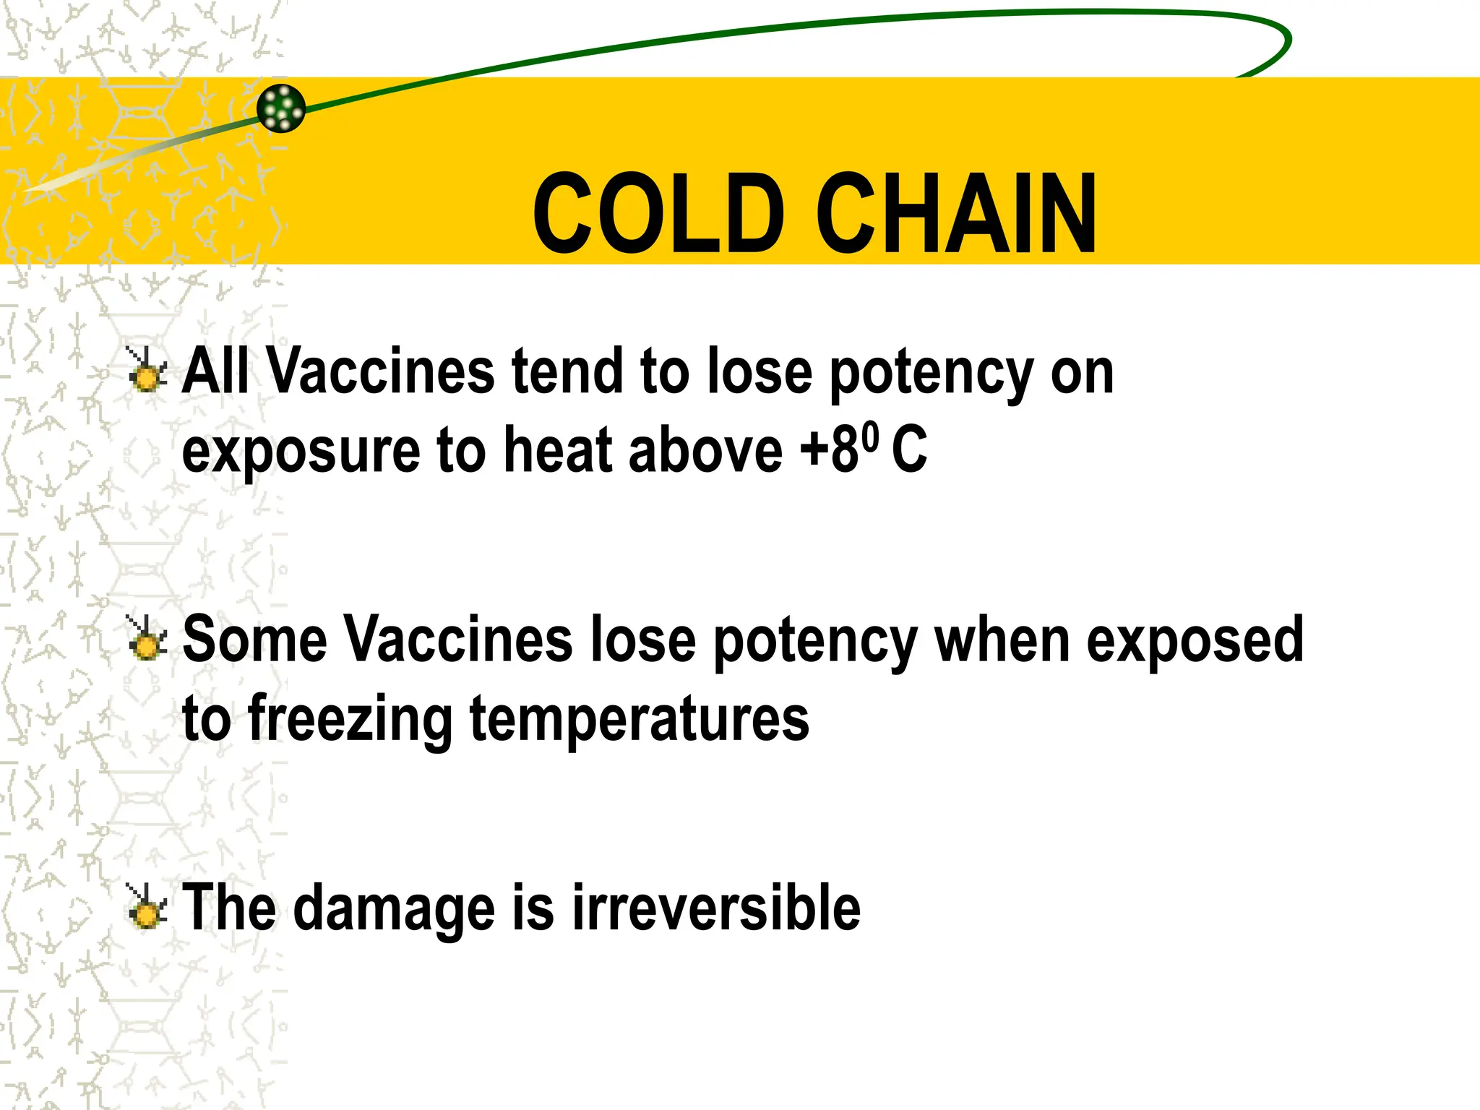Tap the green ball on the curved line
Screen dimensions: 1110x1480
click(281, 108)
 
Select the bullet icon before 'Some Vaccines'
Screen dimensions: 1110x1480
click(147, 639)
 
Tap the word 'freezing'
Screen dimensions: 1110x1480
click(350, 719)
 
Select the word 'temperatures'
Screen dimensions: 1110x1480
click(640, 719)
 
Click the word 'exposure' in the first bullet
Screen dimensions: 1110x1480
click(301, 452)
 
